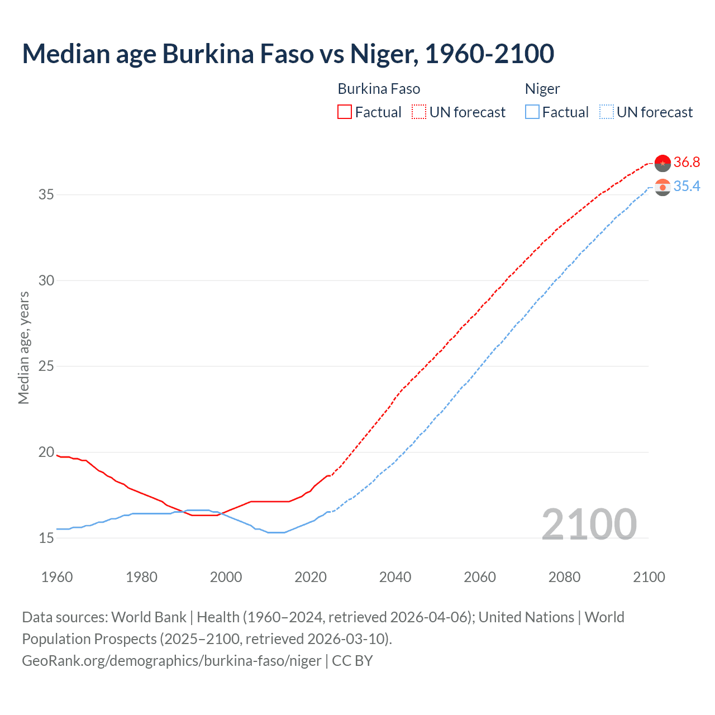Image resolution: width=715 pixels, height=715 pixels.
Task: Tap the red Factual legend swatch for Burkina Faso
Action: (345, 112)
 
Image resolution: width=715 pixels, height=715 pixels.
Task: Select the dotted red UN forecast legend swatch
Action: (419, 112)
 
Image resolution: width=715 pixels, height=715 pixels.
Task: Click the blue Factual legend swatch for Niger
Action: (532, 112)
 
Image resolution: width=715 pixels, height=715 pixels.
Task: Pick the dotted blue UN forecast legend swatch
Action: (606, 112)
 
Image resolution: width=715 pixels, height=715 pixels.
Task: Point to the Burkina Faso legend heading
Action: (379, 89)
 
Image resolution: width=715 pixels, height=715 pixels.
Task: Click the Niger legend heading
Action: (542, 89)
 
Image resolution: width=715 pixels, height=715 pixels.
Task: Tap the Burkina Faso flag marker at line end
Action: (662, 163)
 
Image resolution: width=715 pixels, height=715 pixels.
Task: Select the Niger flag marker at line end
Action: (662, 187)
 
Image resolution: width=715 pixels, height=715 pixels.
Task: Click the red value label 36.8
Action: (687, 163)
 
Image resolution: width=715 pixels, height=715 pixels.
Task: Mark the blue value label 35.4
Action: (687, 187)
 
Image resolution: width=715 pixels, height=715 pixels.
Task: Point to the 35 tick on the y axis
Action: (46, 195)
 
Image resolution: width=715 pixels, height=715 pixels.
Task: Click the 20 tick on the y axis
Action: (46, 452)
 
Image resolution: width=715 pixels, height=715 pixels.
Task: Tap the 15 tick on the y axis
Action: (46, 538)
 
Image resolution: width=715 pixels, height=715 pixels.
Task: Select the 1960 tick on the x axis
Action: (57, 577)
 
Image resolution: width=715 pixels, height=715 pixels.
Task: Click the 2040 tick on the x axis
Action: (395, 577)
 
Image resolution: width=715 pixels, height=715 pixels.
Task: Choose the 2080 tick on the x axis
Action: (564, 577)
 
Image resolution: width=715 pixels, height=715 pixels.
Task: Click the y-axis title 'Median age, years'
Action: (23, 347)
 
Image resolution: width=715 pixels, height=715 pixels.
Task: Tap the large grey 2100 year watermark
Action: (589, 525)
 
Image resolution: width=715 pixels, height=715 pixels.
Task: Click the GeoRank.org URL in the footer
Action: (171, 661)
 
